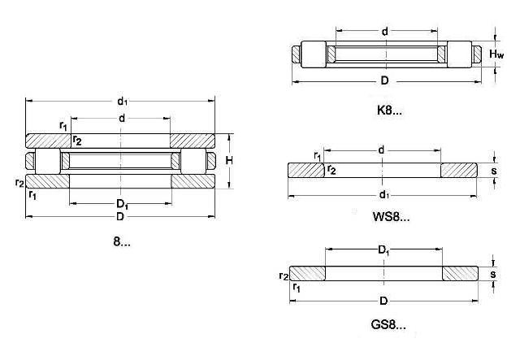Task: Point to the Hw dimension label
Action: click(x=497, y=54)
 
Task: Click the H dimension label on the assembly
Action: click(x=229, y=161)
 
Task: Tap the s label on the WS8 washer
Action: click(x=493, y=171)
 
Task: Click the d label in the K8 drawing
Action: click(x=383, y=33)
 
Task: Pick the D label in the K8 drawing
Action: click(x=384, y=80)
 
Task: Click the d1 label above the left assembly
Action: click(x=122, y=101)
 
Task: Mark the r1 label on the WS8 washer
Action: click(x=317, y=155)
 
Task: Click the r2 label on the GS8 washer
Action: click(x=284, y=276)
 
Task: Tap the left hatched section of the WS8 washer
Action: click(x=305, y=171)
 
